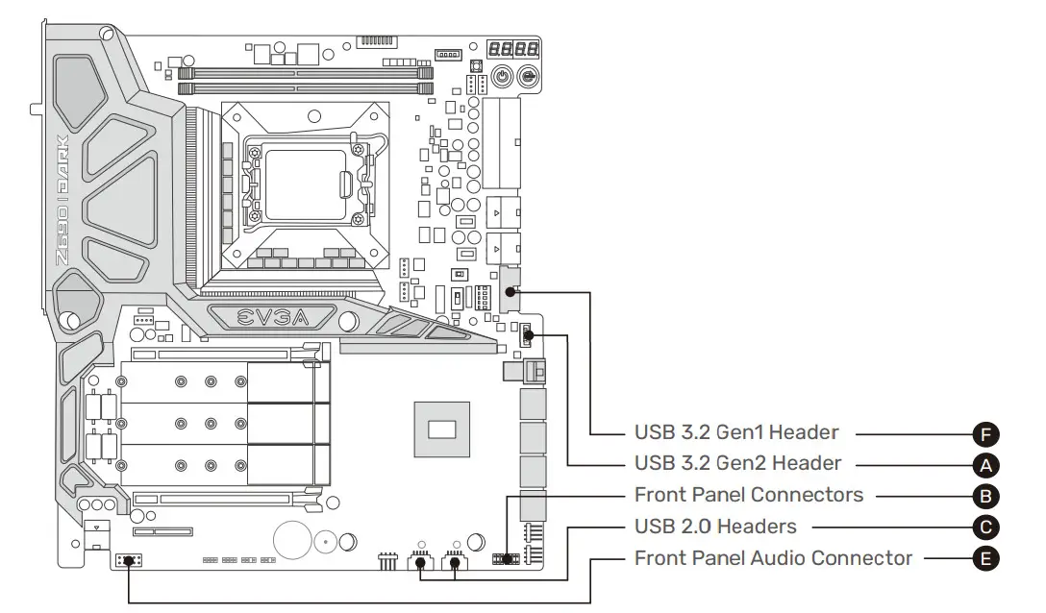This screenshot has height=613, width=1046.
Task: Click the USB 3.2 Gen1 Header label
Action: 736,432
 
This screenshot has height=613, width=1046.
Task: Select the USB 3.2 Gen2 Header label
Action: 737,464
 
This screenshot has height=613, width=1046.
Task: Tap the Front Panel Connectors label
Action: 749,496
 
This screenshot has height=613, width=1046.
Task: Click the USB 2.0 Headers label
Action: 715,527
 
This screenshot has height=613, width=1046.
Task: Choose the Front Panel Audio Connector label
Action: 773,558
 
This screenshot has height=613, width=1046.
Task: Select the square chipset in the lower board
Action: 441,427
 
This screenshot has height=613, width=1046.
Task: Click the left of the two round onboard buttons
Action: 501,77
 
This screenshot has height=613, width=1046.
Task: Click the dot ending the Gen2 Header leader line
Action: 528,335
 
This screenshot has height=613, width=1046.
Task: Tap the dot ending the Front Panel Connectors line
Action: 509,558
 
